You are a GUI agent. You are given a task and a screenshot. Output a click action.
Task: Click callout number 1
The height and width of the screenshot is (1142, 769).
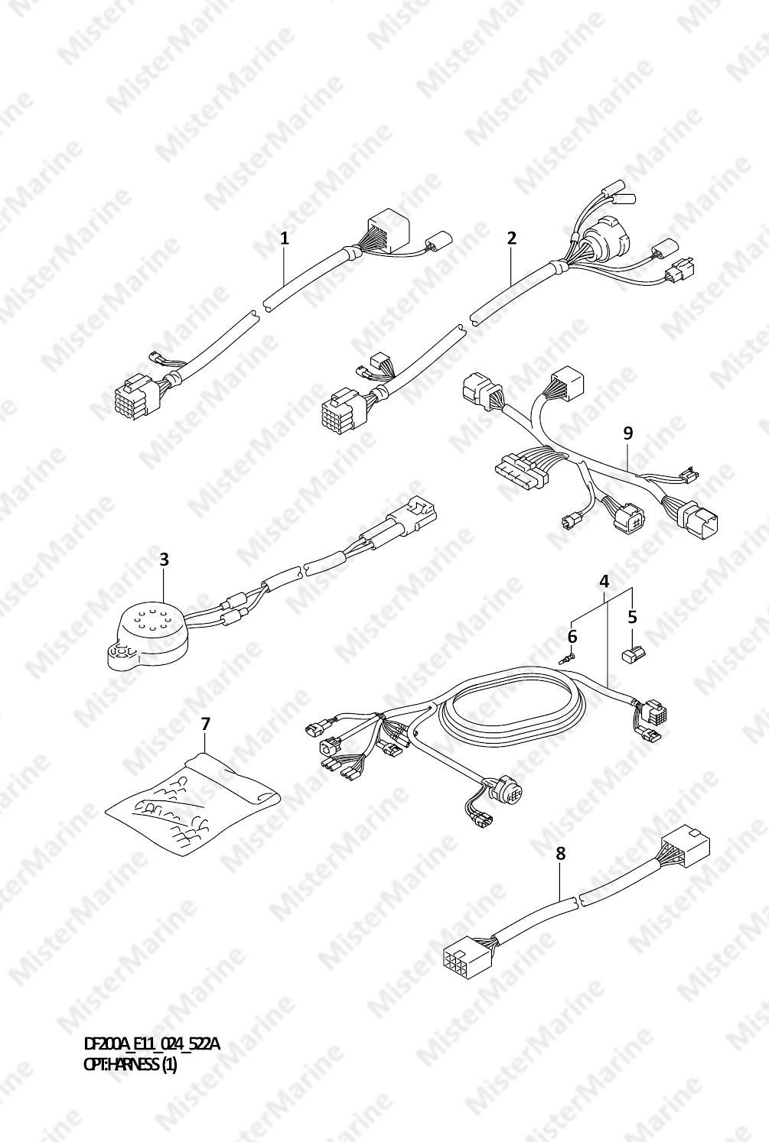tap(285, 238)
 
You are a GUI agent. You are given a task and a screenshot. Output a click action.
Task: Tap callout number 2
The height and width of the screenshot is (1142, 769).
tap(512, 238)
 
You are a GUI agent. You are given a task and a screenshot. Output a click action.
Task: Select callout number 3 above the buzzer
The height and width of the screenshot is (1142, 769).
tap(164, 560)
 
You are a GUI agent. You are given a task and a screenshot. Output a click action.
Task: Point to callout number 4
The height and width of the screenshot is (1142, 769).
tap(604, 581)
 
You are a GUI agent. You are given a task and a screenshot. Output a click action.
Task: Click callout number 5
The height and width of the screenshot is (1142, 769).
tap(632, 617)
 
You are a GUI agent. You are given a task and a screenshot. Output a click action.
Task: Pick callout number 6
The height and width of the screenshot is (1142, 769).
tap(572, 637)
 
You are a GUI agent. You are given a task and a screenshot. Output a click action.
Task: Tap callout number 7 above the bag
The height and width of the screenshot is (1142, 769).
tap(205, 723)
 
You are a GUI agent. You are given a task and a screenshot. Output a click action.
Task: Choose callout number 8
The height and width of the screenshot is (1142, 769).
tap(561, 854)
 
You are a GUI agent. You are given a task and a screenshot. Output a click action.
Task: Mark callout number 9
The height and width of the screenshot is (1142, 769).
tap(628, 433)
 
